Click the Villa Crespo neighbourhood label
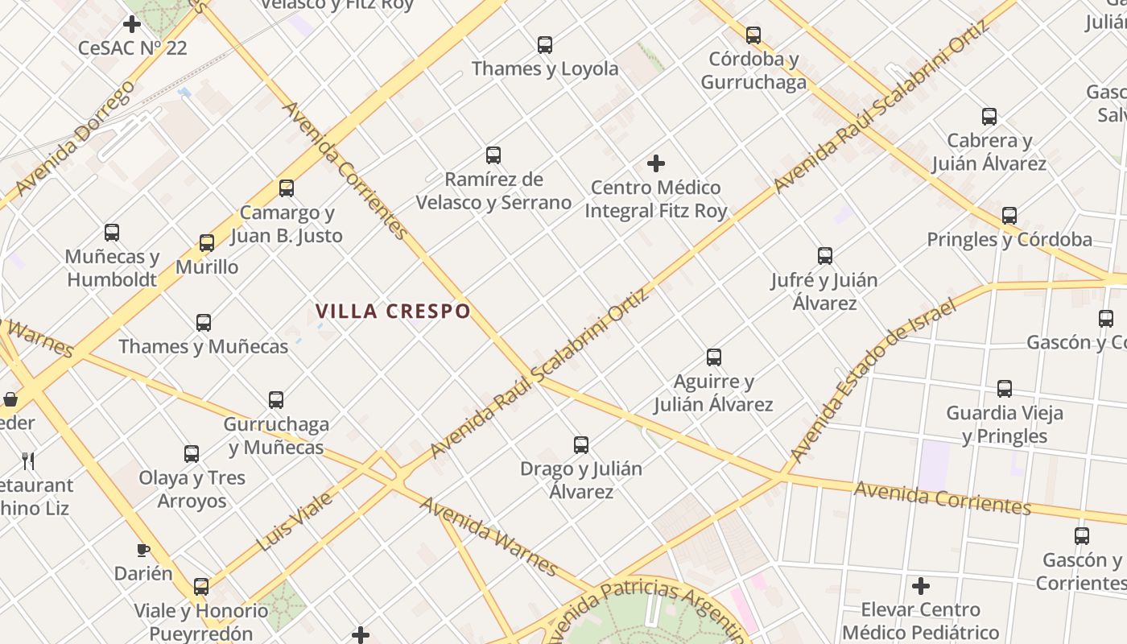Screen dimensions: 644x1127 pyautogui.click(x=393, y=312)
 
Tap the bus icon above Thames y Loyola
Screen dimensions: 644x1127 pyautogui.click(x=545, y=45)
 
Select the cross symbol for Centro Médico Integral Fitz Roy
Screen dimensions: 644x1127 pyautogui.click(x=656, y=164)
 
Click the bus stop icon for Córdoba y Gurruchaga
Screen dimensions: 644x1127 pyautogui.click(x=753, y=35)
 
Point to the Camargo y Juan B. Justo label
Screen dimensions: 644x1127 pyautogui.click(x=287, y=225)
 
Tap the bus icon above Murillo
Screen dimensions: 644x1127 pyautogui.click(x=207, y=243)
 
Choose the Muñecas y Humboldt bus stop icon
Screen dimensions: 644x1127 pyautogui.click(x=112, y=233)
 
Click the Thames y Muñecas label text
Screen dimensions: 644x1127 pyautogui.click(x=204, y=347)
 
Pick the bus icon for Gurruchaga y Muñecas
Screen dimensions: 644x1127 pyautogui.click(x=276, y=400)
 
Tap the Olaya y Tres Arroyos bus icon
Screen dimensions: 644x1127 pyautogui.click(x=192, y=454)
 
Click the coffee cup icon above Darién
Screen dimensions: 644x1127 pyautogui.click(x=143, y=551)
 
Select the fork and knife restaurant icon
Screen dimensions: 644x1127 pyautogui.click(x=28, y=460)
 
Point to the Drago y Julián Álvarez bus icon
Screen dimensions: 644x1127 pyautogui.click(x=581, y=445)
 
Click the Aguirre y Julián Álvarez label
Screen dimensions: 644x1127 pyautogui.click(x=713, y=393)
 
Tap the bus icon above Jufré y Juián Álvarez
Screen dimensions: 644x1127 pyautogui.click(x=825, y=257)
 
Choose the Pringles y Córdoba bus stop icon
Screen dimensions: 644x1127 pyautogui.click(x=1009, y=216)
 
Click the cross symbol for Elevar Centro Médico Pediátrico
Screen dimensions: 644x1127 pyautogui.click(x=921, y=586)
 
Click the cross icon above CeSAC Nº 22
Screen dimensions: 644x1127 pyautogui.click(x=132, y=24)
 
